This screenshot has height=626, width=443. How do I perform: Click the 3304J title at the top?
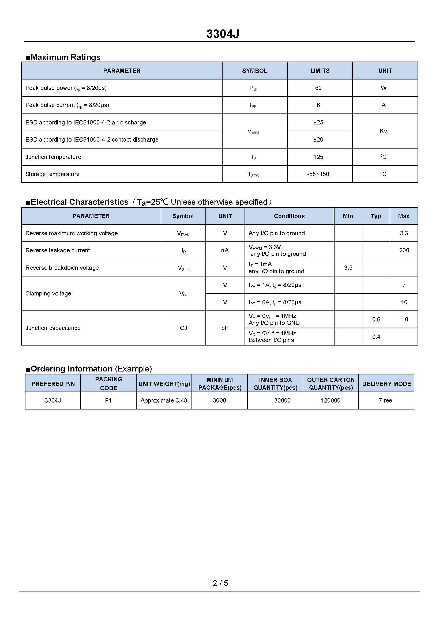pyautogui.click(x=223, y=34)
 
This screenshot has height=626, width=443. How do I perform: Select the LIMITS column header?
pyautogui.click(x=320, y=71)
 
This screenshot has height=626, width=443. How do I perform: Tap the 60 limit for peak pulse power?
pyautogui.click(x=318, y=88)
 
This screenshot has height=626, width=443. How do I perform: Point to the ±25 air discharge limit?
pyautogui.click(x=318, y=122)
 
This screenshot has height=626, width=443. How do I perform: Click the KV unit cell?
pyautogui.click(x=383, y=131)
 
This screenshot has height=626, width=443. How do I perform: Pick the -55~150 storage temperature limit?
pyautogui.click(x=318, y=174)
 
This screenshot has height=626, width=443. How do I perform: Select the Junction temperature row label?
pyautogui.click(x=53, y=157)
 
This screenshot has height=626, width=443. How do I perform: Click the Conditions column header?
pyautogui.click(x=289, y=216)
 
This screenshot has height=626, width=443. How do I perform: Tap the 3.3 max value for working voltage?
pyautogui.click(x=404, y=233)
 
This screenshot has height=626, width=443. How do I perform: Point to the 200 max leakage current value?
pyautogui.click(x=404, y=251)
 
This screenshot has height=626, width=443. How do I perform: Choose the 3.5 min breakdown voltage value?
pyautogui.click(x=348, y=268)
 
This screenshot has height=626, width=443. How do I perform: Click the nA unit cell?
pyautogui.click(x=225, y=251)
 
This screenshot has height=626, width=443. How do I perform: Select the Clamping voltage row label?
pyautogui.click(x=48, y=294)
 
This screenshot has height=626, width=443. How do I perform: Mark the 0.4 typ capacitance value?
pyautogui.click(x=376, y=337)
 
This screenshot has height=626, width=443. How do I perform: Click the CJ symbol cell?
pyautogui.click(x=183, y=328)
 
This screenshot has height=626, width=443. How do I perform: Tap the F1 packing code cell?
pyautogui.click(x=108, y=401)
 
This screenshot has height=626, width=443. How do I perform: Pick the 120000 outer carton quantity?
pyautogui.click(x=330, y=401)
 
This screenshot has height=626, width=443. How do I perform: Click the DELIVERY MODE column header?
pyautogui.click(x=386, y=384)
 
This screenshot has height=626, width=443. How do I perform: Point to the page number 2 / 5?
pyautogui.click(x=220, y=583)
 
